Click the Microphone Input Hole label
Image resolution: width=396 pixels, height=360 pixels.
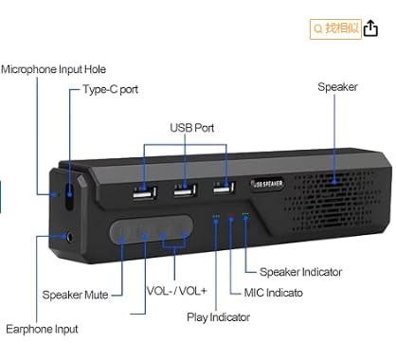[x=54, y=69]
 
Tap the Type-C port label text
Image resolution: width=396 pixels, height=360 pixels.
[x=110, y=90]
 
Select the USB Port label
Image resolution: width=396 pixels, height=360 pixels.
[x=192, y=127]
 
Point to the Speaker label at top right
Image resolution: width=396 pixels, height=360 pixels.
[x=337, y=87]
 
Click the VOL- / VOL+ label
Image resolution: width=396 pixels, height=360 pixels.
[x=177, y=292]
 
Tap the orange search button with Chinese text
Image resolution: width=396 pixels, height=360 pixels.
[x=335, y=28]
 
